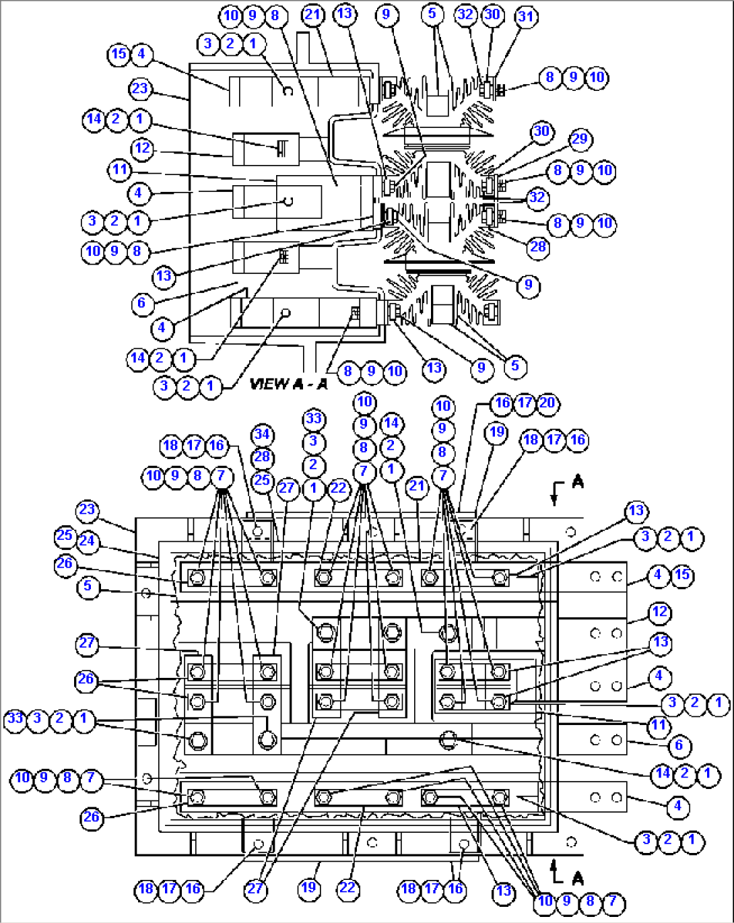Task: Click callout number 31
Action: tap(526, 16)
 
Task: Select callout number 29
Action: tap(579, 139)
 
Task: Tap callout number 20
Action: tap(547, 403)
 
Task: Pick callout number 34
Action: tap(262, 434)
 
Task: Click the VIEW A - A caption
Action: tap(288, 384)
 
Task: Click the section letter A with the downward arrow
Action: tap(577, 482)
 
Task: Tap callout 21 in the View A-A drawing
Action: tap(313, 15)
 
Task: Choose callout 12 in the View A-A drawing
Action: tap(142, 148)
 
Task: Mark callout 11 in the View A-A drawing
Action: tap(119, 170)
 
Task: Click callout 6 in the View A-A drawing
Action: tap(141, 303)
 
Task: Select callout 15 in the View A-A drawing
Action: tap(119, 54)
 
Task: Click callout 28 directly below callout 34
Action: tap(262, 457)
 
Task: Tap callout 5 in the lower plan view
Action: tap(88, 586)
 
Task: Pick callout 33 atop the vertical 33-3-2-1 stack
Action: tap(314, 419)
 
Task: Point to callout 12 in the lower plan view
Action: tap(659, 612)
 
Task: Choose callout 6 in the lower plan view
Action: tap(678, 745)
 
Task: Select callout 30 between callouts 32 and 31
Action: tap(493, 15)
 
